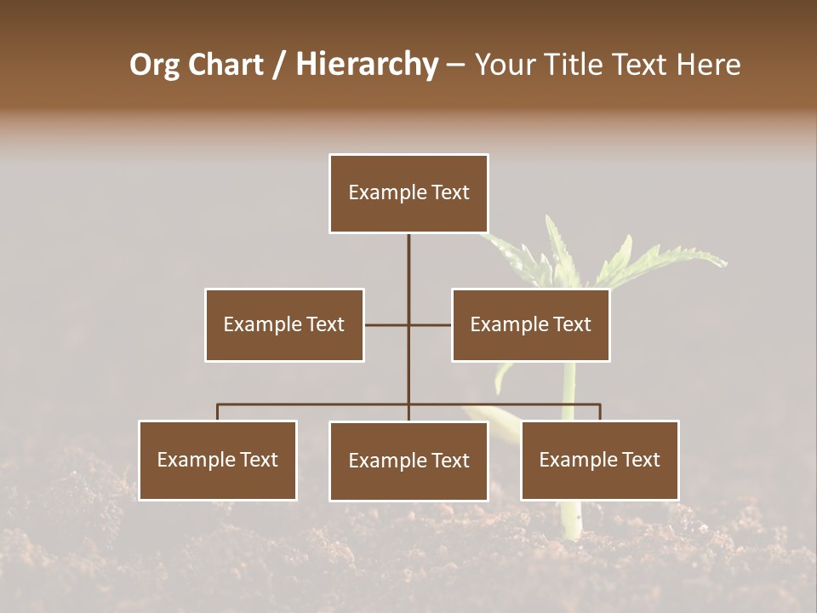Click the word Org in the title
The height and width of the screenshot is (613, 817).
(x=154, y=65)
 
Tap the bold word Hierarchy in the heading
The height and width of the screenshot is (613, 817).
(x=367, y=65)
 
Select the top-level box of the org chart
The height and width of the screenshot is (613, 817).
(x=408, y=193)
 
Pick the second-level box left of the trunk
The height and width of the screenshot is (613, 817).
(x=284, y=324)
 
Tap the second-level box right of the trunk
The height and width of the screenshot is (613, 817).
(x=531, y=324)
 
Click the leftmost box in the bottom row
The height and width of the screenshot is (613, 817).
(x=218, y=461)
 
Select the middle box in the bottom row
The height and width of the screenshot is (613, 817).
(x=408, y=461)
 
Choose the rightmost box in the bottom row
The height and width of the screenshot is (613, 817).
(x=600, y=461)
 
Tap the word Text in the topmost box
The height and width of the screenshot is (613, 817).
(x=450, y=193)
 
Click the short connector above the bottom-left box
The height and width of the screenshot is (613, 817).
(x=218, y=412)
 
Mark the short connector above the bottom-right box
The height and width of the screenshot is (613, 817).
(x=600, y=412)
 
